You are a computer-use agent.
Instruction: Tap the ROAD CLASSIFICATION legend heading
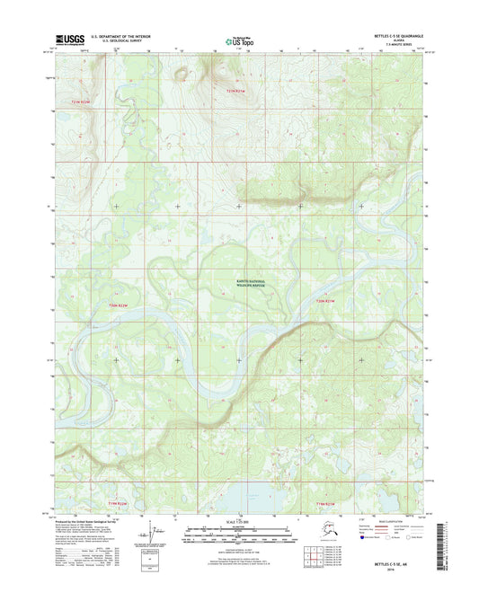383,520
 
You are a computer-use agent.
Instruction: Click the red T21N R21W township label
236,91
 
